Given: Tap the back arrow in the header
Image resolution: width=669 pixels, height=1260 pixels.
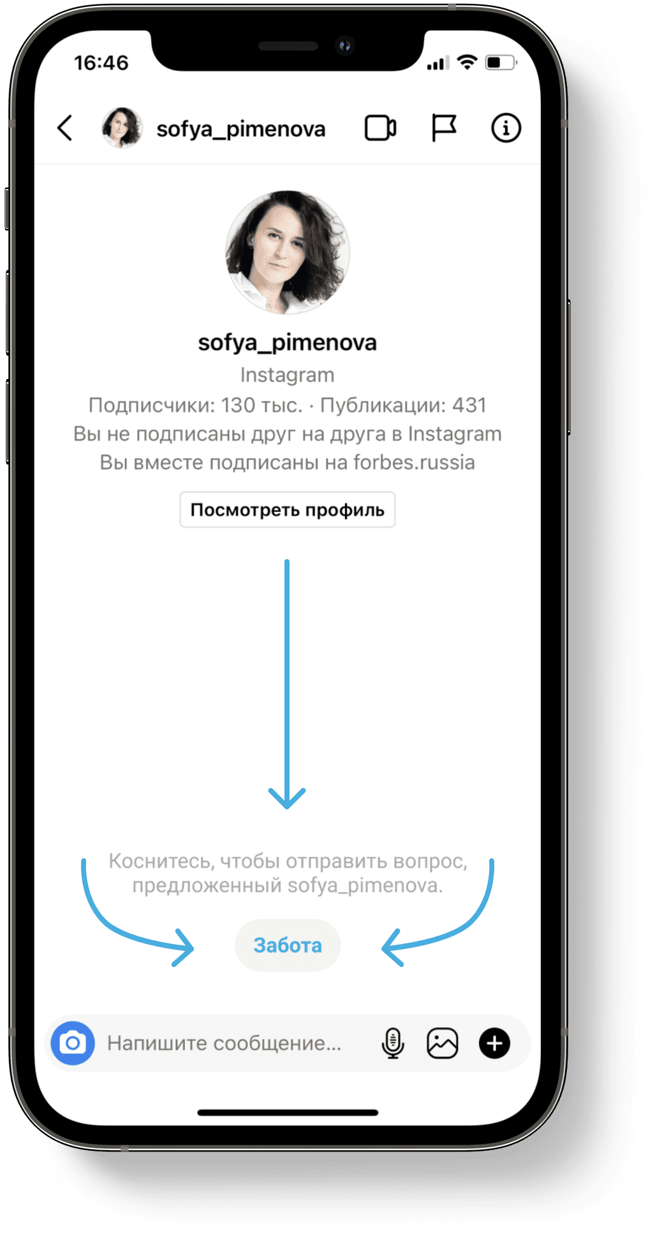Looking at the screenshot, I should pyautogui.click(x=65, y=128).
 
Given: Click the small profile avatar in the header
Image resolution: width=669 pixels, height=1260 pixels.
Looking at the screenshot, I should pyautogui.click(x=122, y=128).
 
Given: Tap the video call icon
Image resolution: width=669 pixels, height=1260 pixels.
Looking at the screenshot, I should pyautogui.click(x=380, y=128).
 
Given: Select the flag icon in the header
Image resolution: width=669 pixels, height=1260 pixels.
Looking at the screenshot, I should pyautogui.click(x=444, y=128).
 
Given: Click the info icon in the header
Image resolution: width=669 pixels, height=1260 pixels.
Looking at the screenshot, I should pyautogui.click(x=506, y=128).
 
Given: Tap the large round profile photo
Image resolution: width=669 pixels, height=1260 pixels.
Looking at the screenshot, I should pyautogui.click(x=288, y=252).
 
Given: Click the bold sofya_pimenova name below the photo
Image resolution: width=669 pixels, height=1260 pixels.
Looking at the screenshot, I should pyautogui.click(x=288, y=343).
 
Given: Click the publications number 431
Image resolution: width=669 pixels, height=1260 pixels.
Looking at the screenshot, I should pyautogui.click(x=469, y=405).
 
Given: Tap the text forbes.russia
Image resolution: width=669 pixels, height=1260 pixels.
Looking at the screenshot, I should pyautogui.click(x=414, y=462).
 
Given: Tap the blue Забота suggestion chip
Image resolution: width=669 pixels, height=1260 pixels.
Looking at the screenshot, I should pyautogui.click(x=288, y=945).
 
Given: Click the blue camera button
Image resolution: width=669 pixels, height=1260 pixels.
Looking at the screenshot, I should pyautogui.click(x=73, y=1043).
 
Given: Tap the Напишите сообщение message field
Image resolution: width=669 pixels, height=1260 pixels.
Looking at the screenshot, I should pyautogui.click(x=224, y=1043).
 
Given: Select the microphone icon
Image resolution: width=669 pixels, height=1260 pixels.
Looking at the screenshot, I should pyautogui.click(x=393, y=1043).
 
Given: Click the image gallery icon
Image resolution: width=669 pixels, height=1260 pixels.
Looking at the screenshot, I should pyautogui.click(x=443, y=1043).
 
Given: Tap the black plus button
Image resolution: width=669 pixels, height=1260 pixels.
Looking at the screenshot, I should pyautogui.click(x=494, y=1043).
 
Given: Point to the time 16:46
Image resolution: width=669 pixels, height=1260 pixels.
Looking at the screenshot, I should pyautogui.click(x=101, y=63).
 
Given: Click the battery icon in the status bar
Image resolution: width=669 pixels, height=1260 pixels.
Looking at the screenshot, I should pyautogui.click(x=501, y=63).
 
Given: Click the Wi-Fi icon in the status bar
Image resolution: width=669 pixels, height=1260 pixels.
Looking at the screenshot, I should pyautogui.click(x=467, y=62).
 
